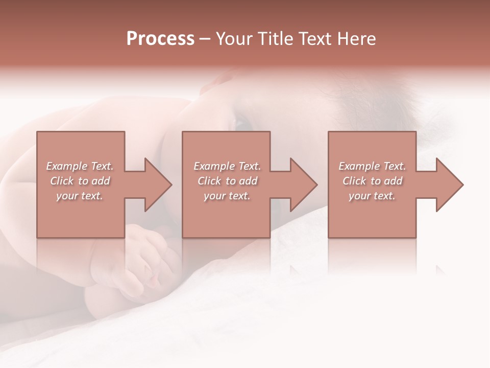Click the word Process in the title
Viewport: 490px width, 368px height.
[x=160, y=39]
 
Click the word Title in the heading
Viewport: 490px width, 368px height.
[x=273, y=39]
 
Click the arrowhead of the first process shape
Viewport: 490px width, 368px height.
[x=156, y=185]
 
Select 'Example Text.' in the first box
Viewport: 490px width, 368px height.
[x=80, y=166]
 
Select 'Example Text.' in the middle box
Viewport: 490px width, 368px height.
[x=227, y=166]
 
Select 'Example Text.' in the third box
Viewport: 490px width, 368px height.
[x=372, y=166]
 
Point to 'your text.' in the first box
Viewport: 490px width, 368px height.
[x=80, y=196]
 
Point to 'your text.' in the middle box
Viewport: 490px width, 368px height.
[x=227, y=196]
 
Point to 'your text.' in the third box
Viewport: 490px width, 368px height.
[x=372, y=196]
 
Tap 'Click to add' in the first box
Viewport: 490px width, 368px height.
[x=80, y=181]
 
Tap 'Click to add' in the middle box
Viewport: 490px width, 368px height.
[x=227, y=181]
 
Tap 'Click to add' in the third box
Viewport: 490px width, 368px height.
[x=372, y=181]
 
